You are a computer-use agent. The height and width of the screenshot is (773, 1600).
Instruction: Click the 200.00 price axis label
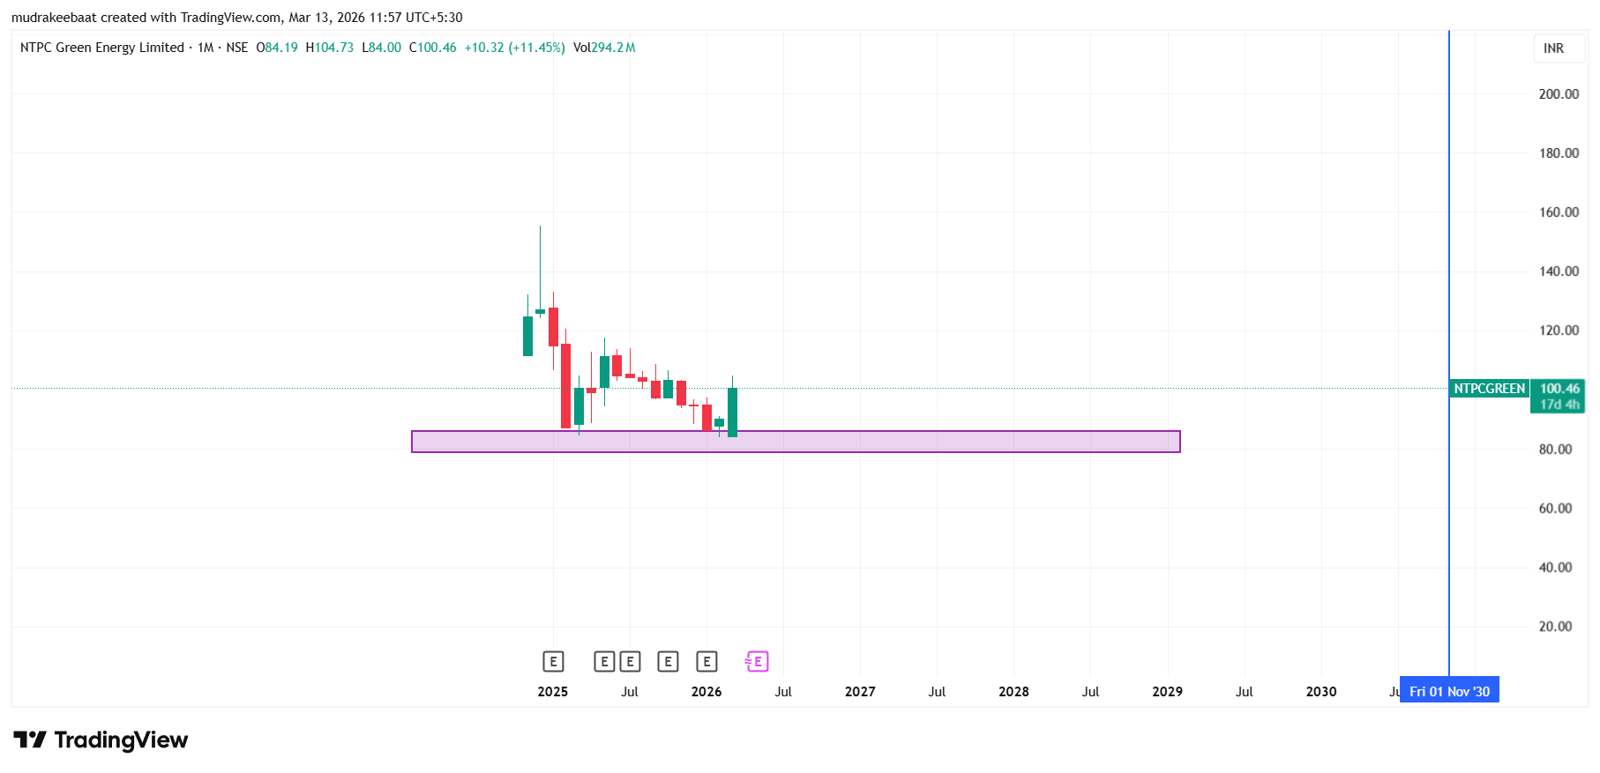(x=1558, y=94)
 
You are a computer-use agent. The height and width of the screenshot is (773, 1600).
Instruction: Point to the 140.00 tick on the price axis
(x=1558, y=271)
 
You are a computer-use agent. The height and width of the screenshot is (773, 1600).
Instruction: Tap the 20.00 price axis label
(x=1555, y=627)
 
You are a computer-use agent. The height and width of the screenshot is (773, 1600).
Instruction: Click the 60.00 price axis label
(x=1555, y=509)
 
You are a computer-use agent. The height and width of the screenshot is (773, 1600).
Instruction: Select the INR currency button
(x=1553, y=48)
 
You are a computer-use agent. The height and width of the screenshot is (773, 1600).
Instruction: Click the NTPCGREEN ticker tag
(x=1489, y=389)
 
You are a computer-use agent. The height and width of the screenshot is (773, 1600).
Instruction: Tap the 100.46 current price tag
(x=1559, y=389)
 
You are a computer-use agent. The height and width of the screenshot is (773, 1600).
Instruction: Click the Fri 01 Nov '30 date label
(x=1448, y=692)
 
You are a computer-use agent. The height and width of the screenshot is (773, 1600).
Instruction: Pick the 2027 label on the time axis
(x=859, y=692)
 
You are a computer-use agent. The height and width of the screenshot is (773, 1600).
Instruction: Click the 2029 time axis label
(x=1167, y=692)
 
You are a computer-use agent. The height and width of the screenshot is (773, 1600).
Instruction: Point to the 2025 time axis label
(x=552, y=692)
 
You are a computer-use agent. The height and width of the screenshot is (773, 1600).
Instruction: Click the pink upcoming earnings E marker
(x=757, y=662)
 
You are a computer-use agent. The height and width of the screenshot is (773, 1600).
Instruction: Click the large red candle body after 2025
(x=565, y=385)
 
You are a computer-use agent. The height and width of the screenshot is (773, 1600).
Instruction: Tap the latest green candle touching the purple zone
(x=732, y=412)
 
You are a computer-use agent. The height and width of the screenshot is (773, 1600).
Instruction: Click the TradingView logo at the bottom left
(x=101, y=740)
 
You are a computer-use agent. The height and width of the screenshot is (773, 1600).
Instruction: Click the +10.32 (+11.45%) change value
(x=514, y=48)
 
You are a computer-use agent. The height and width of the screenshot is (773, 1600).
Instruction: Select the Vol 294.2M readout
(x=603, y=48)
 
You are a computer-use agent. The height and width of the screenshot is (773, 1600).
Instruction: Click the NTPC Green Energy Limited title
(x=101, y=48)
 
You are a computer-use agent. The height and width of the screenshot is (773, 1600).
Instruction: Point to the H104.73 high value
(x=329, y=48)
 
